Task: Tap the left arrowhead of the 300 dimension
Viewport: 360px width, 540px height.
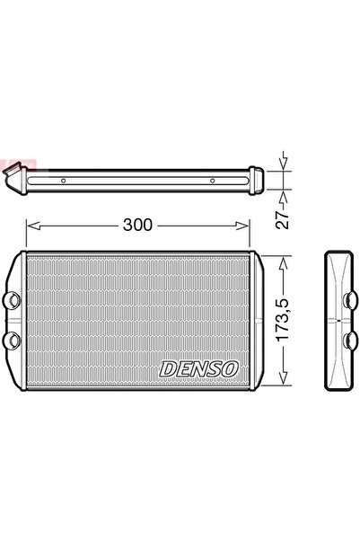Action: pyautogui.click(x=29, y=225)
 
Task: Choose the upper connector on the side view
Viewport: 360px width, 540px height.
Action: pyautogui.click(x=350, y=298)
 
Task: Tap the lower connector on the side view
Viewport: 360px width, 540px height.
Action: pyautogui.click(x=350, y=340)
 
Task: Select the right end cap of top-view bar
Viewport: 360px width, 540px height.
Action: pyautogui.click(x=259, y=180)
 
